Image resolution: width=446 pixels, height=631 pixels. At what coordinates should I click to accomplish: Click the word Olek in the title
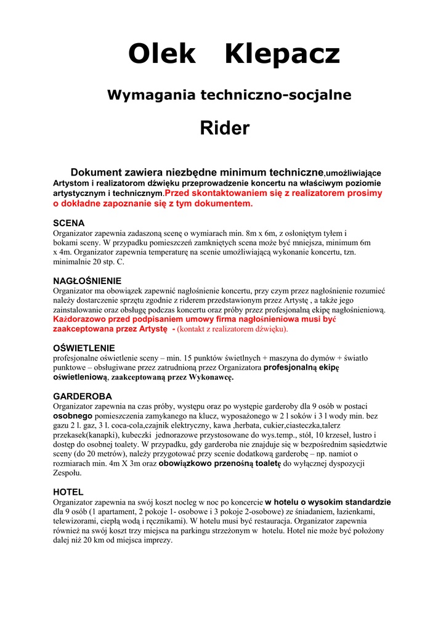tap(161, 55)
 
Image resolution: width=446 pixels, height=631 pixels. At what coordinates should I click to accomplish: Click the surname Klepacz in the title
tap(282, 55)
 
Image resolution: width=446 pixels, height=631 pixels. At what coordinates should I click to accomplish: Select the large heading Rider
tap(224, 128)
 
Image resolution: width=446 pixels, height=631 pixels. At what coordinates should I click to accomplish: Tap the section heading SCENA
tap(68, 222)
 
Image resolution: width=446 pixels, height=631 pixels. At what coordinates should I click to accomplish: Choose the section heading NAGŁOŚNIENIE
tap(87, 280)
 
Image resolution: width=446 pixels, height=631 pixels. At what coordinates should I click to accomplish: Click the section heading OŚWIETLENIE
tap(84, 348)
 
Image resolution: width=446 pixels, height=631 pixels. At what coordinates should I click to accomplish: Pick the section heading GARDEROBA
tap(82, 396)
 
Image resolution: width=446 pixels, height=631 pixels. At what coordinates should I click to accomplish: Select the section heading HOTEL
tap(68, 492)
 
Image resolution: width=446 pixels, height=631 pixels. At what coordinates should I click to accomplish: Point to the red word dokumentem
tap(222, 203)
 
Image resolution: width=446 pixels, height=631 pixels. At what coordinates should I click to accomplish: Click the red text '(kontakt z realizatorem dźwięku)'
tap(233, 329)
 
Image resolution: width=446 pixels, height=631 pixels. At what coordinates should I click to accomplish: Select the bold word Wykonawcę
tap(211, 377)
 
